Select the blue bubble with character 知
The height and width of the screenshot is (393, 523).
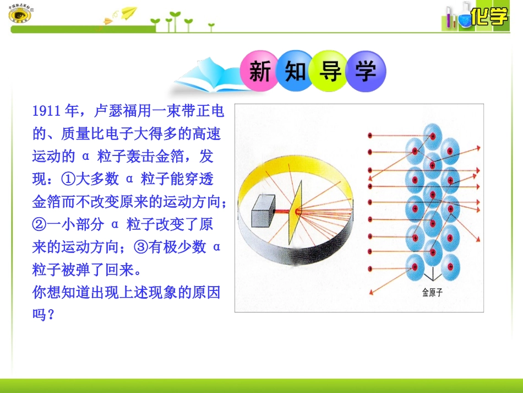tap(295, 71)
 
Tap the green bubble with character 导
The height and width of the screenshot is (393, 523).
tap(330, 71)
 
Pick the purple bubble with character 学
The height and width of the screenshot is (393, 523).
tap(366, 71)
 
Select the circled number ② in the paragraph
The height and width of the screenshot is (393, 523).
tap(39, 225)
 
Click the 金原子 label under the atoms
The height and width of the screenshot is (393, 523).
tap(432, 293)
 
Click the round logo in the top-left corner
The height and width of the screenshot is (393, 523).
tap(20, 14)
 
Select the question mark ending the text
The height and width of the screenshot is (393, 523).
tap(51, 315)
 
